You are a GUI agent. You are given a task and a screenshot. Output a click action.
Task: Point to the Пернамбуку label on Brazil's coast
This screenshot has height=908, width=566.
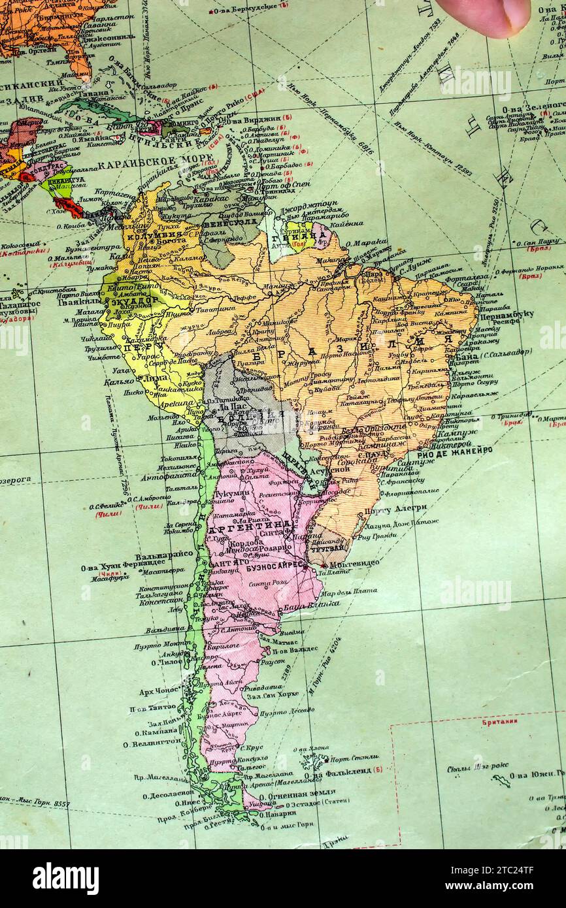point(507,314)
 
